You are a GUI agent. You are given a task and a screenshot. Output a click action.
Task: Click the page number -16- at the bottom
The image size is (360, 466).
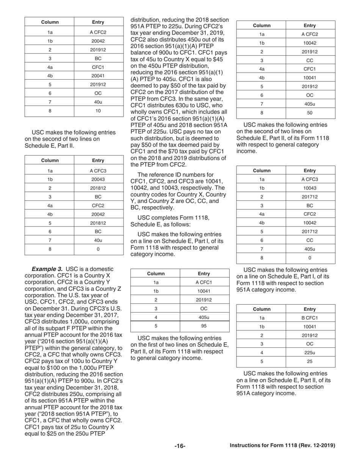(x=180, y=446)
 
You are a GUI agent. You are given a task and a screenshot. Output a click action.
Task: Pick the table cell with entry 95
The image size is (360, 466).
(x=204, y=326)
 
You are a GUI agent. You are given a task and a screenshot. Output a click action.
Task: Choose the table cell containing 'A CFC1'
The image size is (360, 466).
(x=204, y=282)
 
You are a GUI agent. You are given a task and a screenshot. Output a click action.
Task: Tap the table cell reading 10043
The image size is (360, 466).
(x=310, y=188)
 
